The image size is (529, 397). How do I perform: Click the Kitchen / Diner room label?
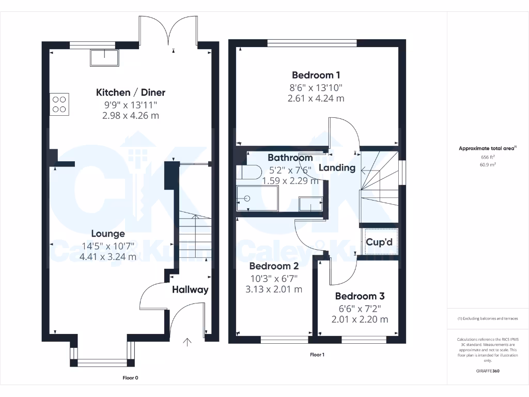131,93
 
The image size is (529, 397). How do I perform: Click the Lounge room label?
108,234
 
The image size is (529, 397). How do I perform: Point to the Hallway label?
190,289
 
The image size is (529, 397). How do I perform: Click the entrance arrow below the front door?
187,341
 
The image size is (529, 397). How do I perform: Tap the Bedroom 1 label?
316,75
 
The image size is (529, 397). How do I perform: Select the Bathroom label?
290,158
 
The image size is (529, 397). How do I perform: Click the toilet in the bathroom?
249,173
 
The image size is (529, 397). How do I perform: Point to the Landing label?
337,167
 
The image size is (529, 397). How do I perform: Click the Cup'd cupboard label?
379,242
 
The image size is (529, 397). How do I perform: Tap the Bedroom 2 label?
274,266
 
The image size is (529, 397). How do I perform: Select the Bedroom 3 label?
360,296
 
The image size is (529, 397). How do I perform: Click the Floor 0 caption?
130,378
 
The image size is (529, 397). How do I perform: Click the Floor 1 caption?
317,355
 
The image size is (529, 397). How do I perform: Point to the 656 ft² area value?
488,157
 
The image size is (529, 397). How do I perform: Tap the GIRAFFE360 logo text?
488,371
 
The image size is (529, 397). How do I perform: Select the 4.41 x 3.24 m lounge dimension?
108,256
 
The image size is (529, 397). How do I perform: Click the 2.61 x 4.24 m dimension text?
316,98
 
